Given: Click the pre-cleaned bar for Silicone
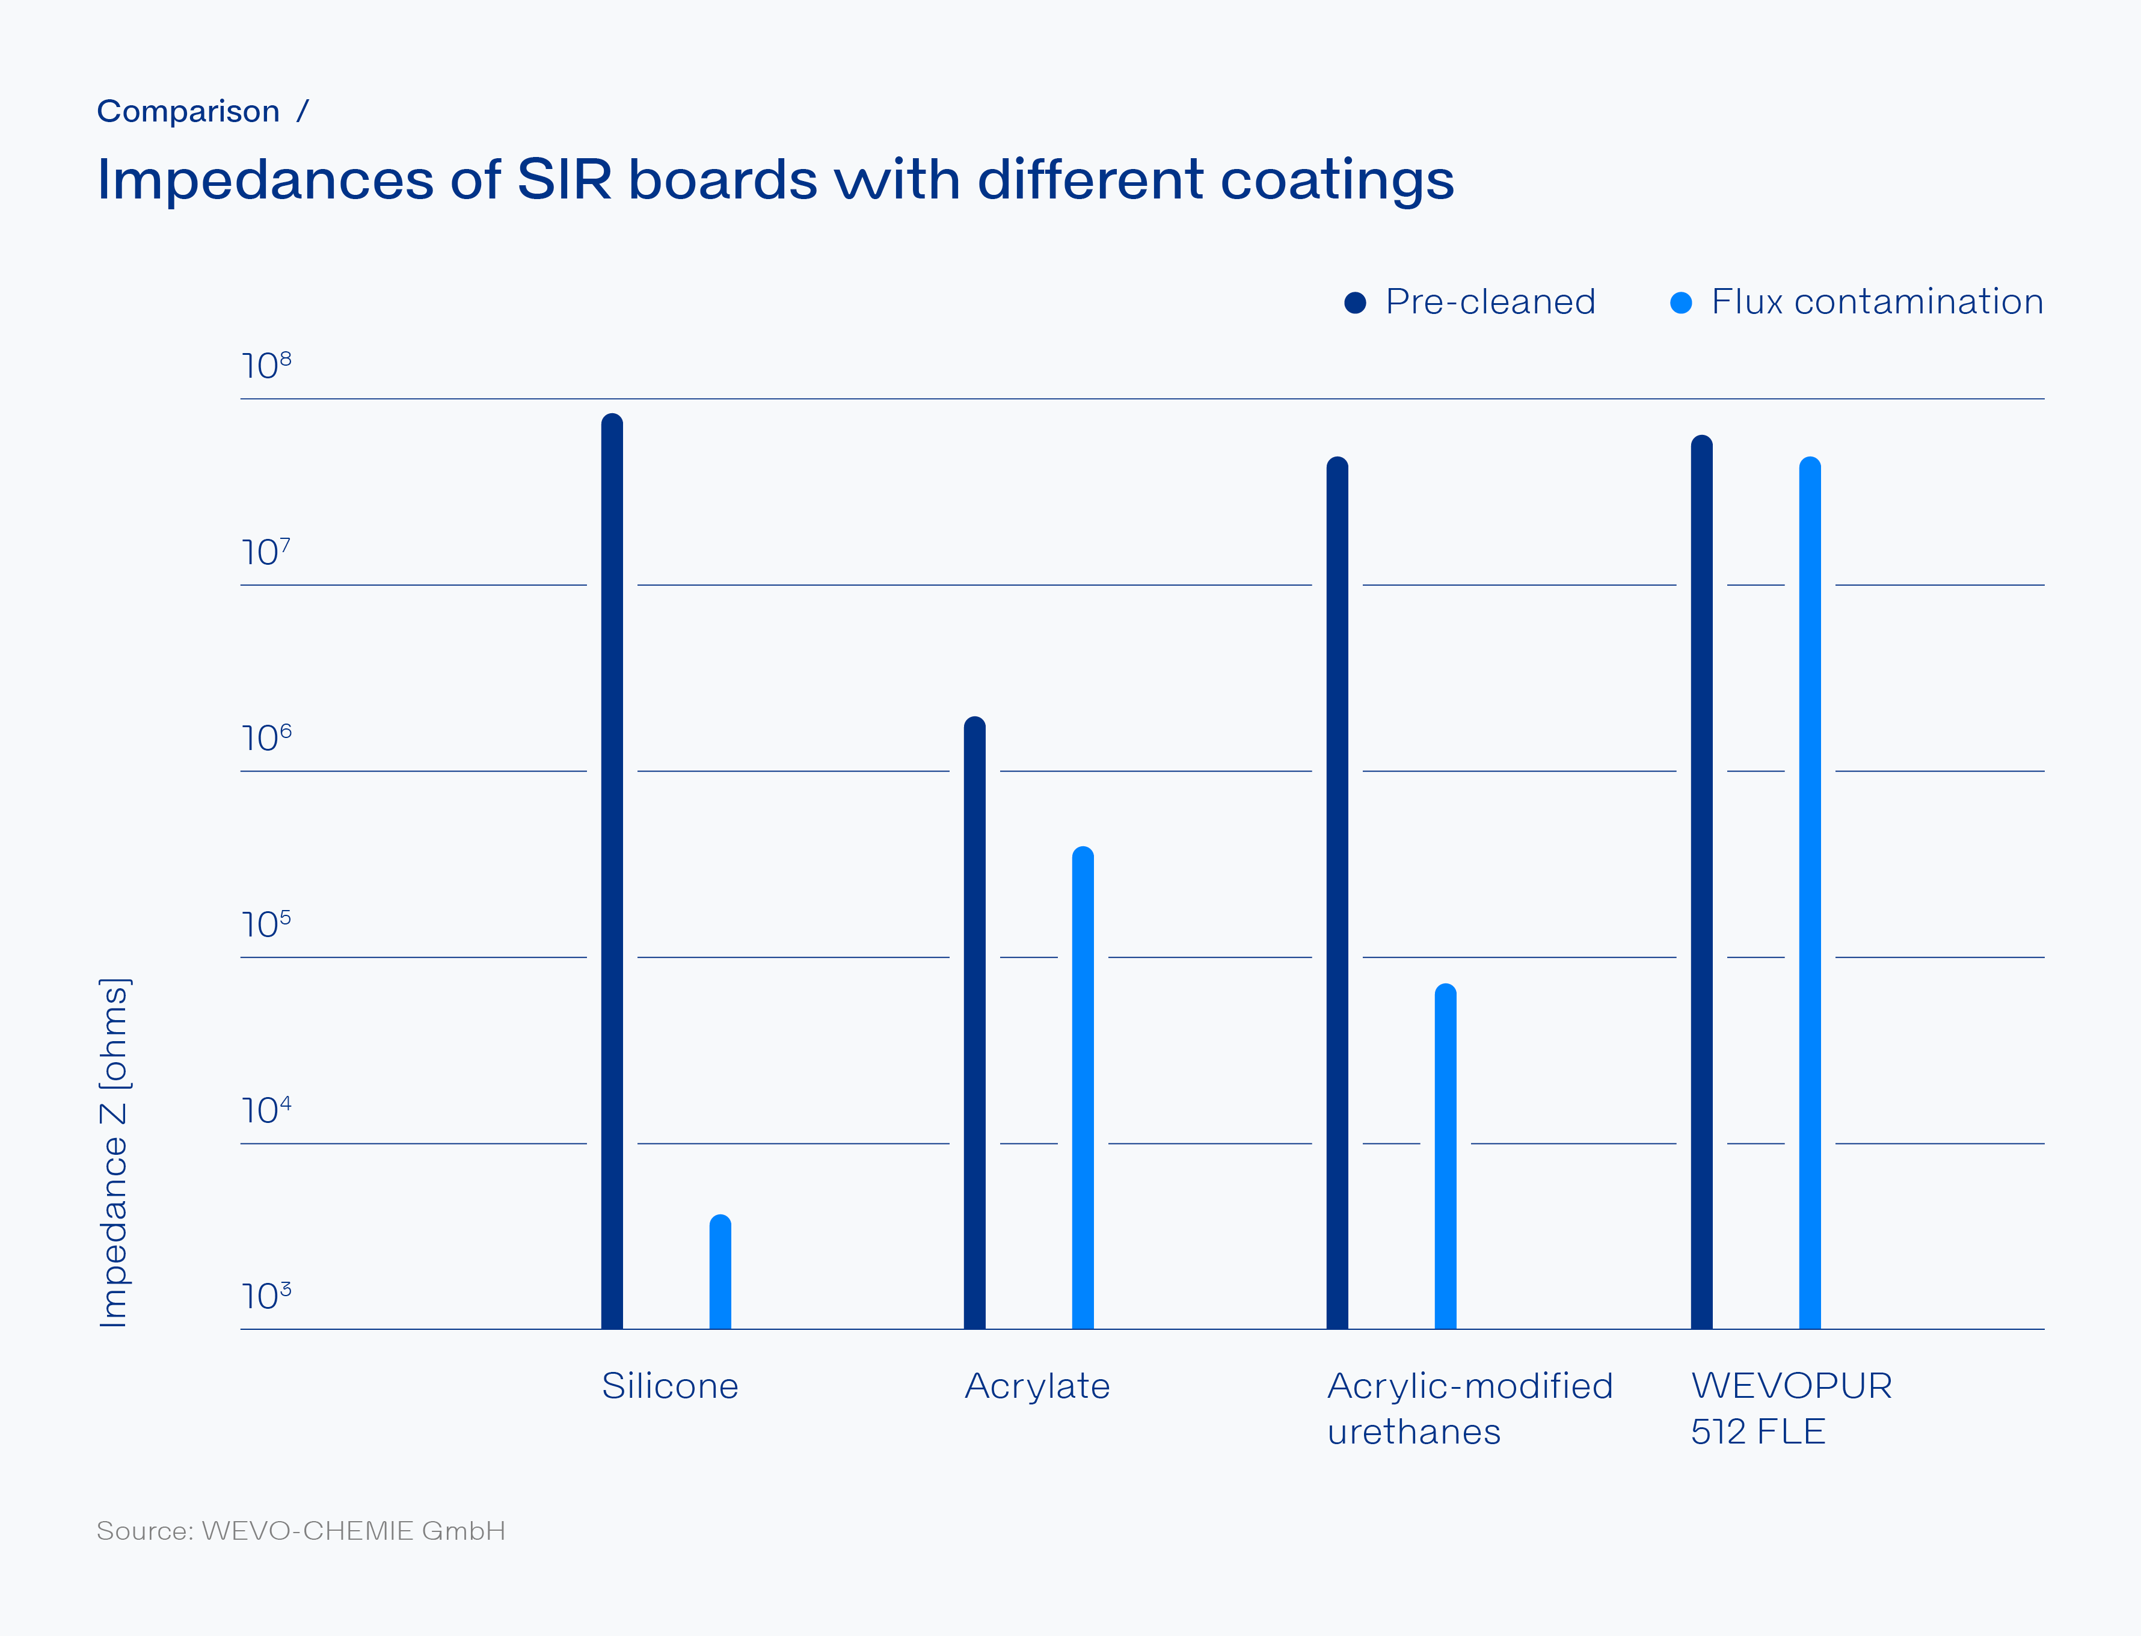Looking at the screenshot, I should click(x=612, y=872).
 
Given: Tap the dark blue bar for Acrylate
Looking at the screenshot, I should click(x=975, y=1022).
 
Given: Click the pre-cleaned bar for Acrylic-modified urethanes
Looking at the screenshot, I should click(x=1337, y=893).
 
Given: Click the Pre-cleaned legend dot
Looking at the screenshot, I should click(x=1354, y=303).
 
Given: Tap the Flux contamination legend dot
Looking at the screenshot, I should click(x=1680, y=303).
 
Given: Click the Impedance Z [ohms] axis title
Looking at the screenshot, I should click(x=114, y=1152).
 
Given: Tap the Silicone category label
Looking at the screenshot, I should click(x=670, y=1386).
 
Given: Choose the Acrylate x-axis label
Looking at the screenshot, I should click(x=1037, y=1386).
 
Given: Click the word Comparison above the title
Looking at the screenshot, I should click(x=188, y=112).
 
